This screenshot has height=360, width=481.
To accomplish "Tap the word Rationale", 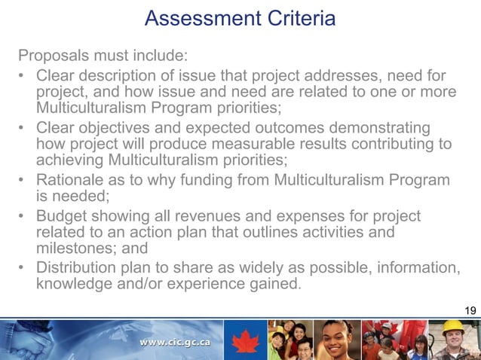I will click(x=72, y=181).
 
